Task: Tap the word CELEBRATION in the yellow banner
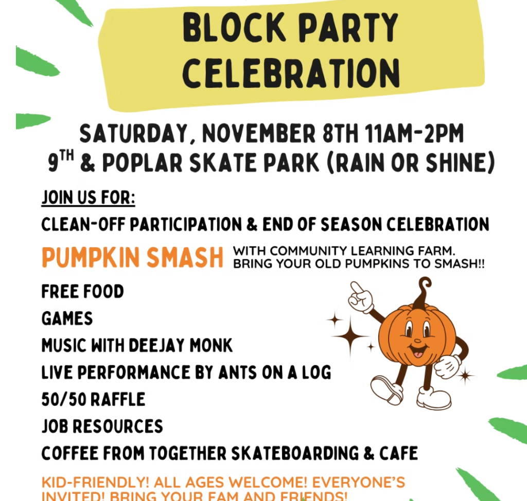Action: tap(291, 73)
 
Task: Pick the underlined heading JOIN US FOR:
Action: tap(88, 198)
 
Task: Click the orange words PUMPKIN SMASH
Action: tap(132, 257)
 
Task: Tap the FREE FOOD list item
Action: tap(83, 292)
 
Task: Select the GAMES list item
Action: tap(67, 318)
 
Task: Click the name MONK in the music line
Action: tap(209, 345)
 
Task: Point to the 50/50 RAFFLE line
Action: tap(93, 399)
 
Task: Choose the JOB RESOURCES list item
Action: tap(102, 426)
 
